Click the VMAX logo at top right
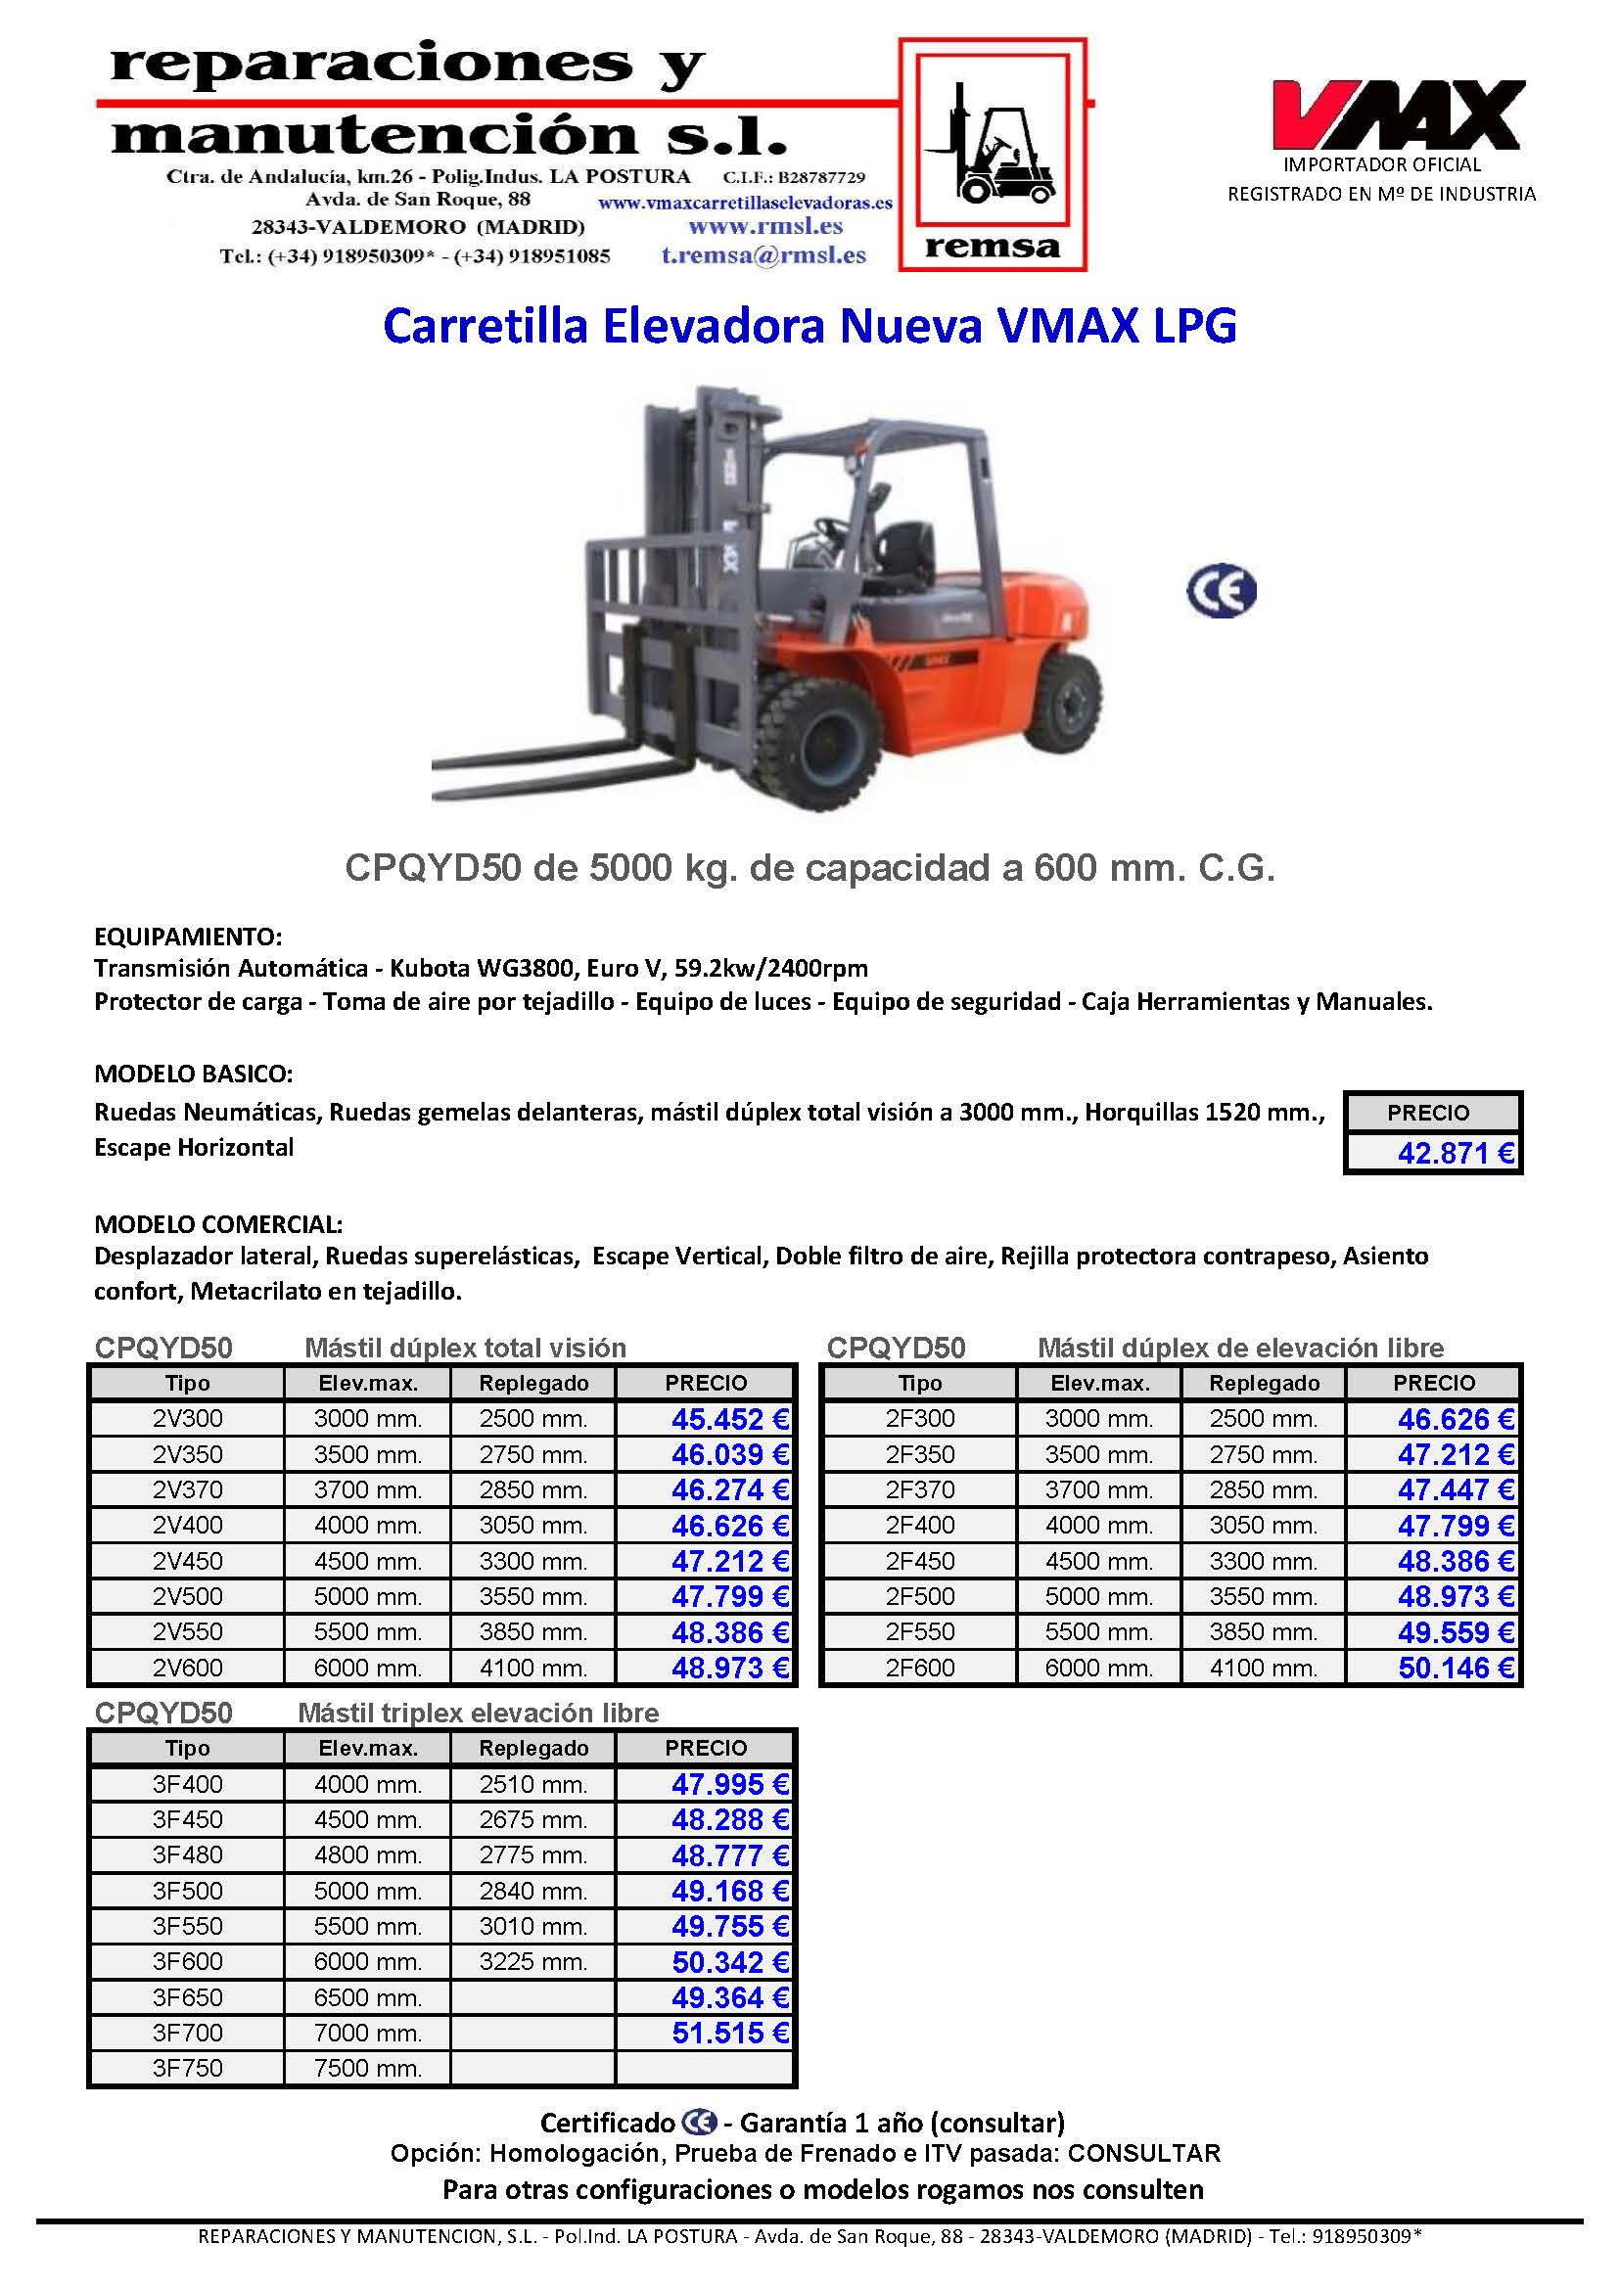1397,114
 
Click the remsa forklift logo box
992,155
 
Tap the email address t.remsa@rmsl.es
763,255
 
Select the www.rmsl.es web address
764,227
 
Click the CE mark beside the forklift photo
1222,592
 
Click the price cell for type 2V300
730,1419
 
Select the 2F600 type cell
919,1668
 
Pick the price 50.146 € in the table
1456,1668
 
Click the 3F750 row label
187,2068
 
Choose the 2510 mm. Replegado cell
532,1784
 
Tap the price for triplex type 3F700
730,2033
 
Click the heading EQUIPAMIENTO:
188,937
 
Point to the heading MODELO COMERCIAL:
218,1223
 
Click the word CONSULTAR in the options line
1143,2154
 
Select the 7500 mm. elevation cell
368,2068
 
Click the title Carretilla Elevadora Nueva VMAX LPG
809,326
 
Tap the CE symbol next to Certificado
700,2123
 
